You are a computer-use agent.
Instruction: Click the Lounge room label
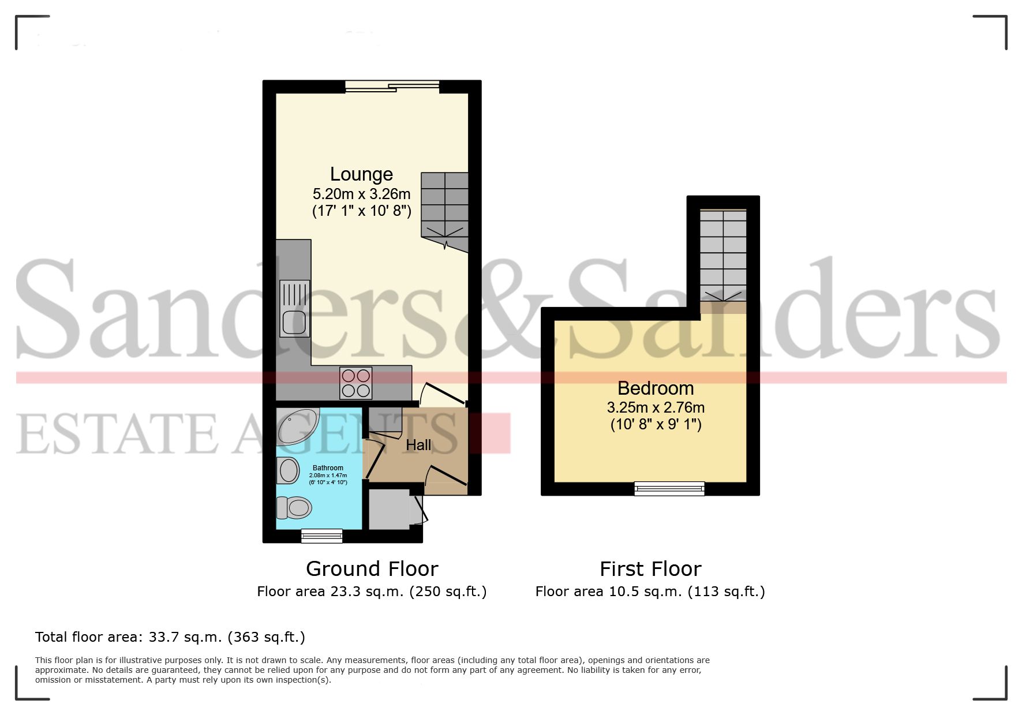pyautogui.click(x=361, y=174)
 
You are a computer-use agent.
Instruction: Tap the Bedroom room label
pyautogui.click(x=655, y=388)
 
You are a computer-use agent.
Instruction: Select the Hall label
pyautogui.click(x=418, y=445)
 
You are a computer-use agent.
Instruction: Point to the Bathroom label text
pyautogui.click(x=328, y=468)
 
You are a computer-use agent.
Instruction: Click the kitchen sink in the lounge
pyautogui.click(x=294, y=308)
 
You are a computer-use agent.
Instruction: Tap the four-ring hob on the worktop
pyautogui.click(x=355, y=383)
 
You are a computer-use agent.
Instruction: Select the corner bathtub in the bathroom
pyautogui.click(x=295, y=426)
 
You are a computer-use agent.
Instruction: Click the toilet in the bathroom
pyautogui.click(x=294, y=508)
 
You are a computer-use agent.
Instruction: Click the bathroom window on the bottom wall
pyautogui.click(x=321, y=536)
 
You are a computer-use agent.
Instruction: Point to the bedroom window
pyautogui.click(x=669, y=489)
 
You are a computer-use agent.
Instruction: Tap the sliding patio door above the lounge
pyautogui.click(x=392, y=87)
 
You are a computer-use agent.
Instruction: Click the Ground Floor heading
pyautogui.click(x=372, y=569)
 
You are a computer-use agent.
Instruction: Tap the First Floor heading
pyautogui.click(x=650, y=569)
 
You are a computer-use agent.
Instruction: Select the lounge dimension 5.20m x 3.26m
pyautogui.click(x=361, y=194)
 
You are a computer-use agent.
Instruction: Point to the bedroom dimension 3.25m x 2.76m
pyautogui.click(x=656, y=407)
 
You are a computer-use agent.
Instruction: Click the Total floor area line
pyautogui.click(x=170, y=637)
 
